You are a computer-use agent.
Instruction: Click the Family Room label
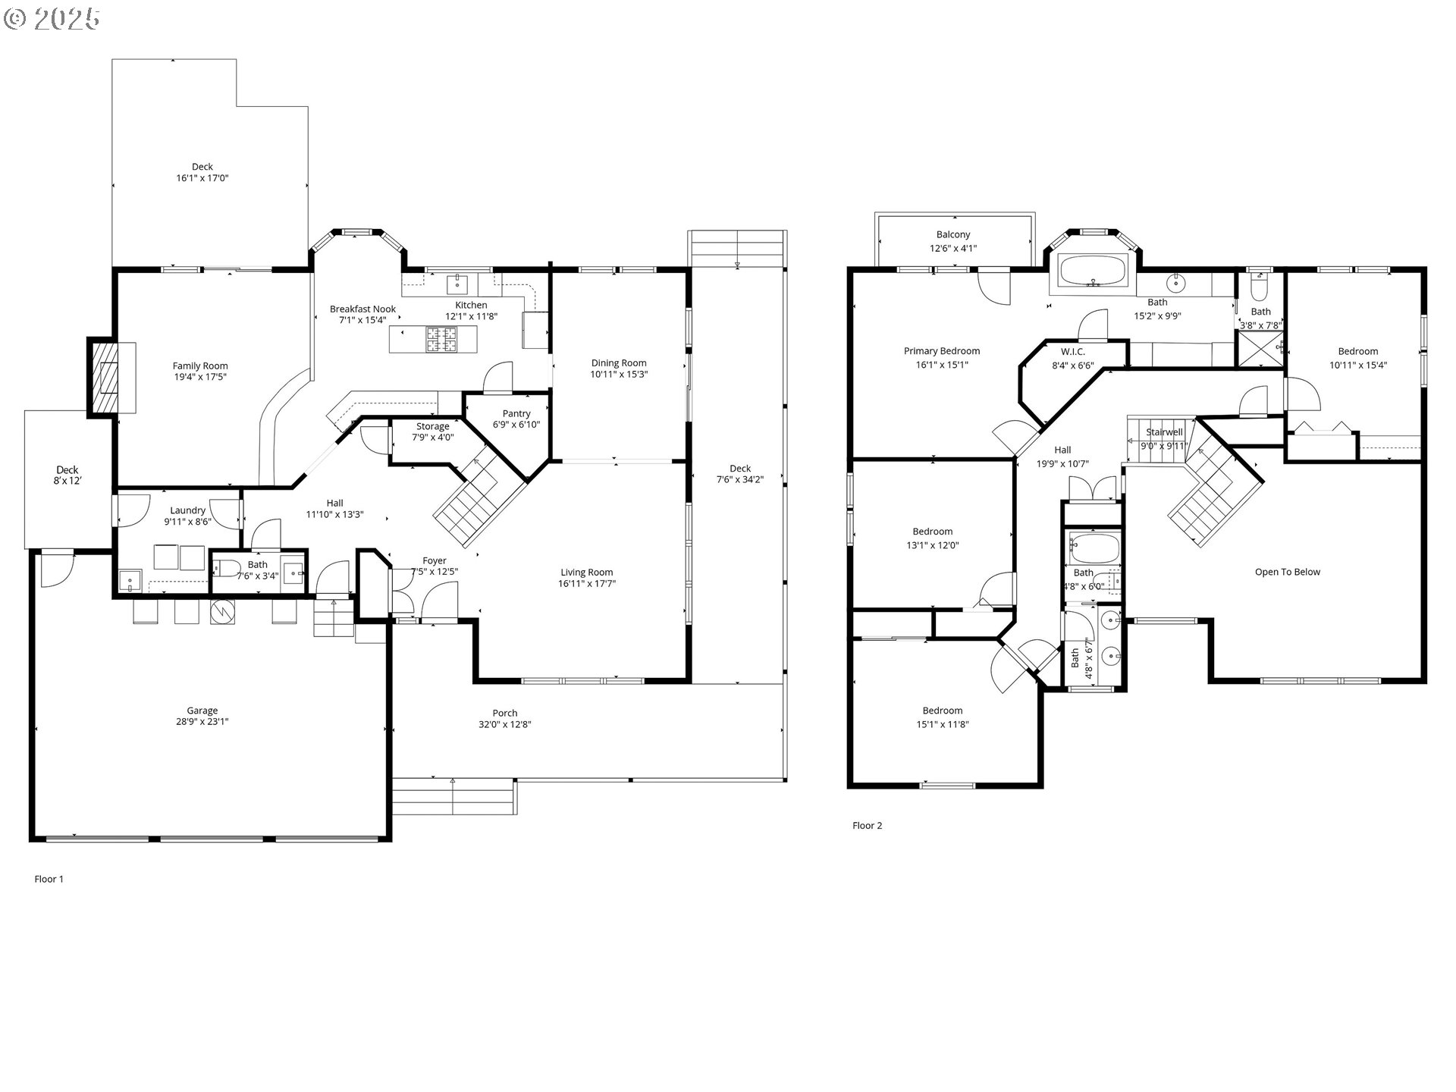[200, 366]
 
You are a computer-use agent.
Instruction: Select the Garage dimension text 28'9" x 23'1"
[202, 722]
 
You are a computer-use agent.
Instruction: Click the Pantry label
[516, 413]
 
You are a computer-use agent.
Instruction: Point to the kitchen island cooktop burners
[441, 339]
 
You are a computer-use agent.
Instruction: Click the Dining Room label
[619, 363]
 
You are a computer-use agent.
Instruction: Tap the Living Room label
[587, 573]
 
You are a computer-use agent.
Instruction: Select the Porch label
[505, 713]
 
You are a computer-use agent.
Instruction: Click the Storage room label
[432, 426]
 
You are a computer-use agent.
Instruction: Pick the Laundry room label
[187, 510]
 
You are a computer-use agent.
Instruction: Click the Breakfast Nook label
[362, 309]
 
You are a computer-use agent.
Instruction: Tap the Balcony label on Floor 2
[953, 235]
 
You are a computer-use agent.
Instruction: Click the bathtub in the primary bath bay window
[1093, 271]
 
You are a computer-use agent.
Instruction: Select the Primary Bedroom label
[942, 351]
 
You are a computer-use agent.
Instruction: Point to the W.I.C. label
[1073, 352]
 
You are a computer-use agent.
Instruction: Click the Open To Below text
[1288, 572]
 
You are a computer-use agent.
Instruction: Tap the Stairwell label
[1164, 432]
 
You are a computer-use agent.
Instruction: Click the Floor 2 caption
[868, 826]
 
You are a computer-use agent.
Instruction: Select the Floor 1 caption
[49, 880]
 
